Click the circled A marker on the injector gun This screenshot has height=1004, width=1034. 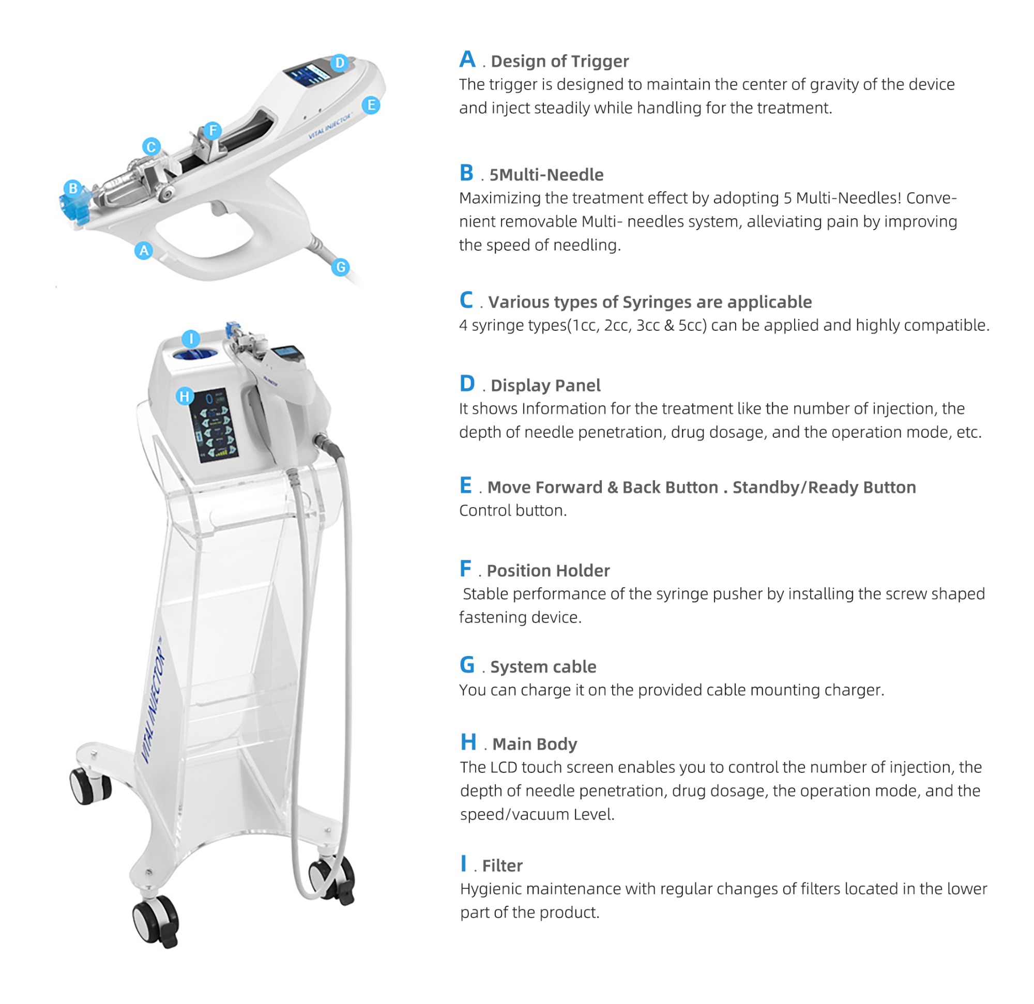(144, 251)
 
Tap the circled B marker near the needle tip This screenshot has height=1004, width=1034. (73, 188)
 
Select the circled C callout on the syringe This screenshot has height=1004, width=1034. (151, 147)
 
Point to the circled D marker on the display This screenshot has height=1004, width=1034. (340, 63)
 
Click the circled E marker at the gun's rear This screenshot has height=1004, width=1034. (371, 105)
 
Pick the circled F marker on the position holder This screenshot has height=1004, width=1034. (212, 130)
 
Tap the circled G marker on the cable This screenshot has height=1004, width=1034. (341, 267)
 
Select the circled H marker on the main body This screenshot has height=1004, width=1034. (185, 396)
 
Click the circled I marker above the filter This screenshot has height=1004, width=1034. (191, 339)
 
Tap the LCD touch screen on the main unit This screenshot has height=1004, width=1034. (216, 425)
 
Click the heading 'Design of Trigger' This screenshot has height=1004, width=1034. (560, 61)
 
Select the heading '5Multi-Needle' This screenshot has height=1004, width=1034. (546, 175)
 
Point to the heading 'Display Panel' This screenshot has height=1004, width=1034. (545, 386)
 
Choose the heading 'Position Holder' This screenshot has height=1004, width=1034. (548, 570)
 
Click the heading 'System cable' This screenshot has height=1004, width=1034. (543, 667)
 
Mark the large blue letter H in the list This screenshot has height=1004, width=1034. (468, 742)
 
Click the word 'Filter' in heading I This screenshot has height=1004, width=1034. (502, 866)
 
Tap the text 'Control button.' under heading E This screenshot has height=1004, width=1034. (513, 511)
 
